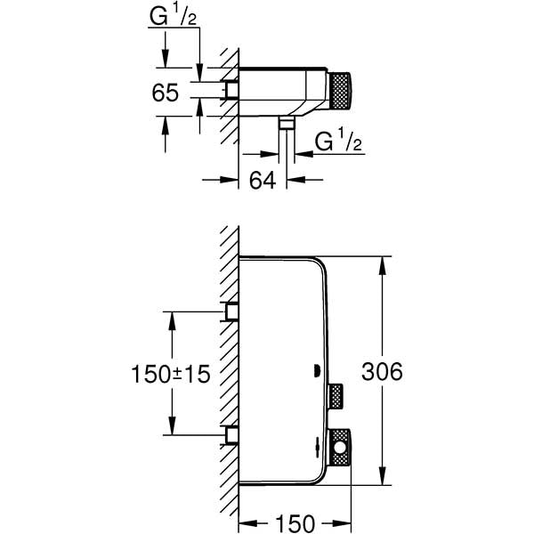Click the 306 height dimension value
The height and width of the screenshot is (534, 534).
click(x=384, y=372)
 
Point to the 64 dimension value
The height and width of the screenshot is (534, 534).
click(x=260, y=180)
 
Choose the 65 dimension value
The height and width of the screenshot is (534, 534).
click(x=166, y=92)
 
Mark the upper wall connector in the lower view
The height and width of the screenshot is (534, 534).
click(x=233, y=311)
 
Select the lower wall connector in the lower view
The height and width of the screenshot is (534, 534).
click(x=233, y=436)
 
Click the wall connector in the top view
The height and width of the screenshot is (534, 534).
click(x=233, y=90)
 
